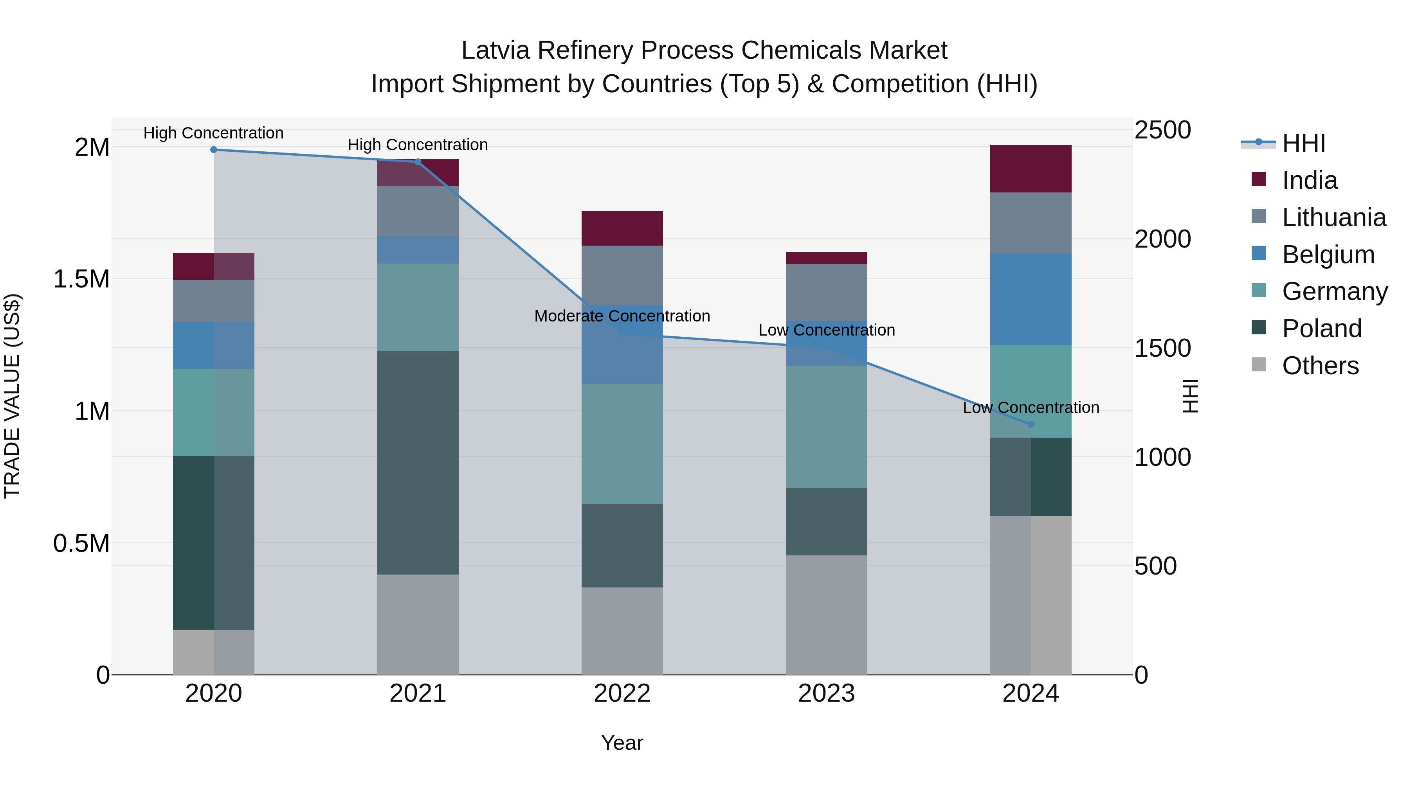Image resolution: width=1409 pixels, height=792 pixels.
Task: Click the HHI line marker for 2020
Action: [214, 150]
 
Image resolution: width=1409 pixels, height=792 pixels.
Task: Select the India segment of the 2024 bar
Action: [1031, 169]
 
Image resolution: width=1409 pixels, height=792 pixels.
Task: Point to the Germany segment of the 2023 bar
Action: [827, 427]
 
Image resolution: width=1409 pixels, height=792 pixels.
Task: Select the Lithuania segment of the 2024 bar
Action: [1031, 223]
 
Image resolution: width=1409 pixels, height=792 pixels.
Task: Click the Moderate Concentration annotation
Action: [622, 316]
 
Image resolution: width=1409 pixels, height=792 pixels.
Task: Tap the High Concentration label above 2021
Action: [418, 145]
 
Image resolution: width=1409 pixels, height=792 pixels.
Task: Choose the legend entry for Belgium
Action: [1328, 255]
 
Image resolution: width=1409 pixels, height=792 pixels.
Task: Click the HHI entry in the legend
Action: [1303, 143]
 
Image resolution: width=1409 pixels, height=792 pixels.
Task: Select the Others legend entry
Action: [1320, 366]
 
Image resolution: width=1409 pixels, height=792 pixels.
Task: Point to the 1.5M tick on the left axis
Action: [81, 279]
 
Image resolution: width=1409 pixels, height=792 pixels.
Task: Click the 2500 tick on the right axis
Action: [1162, 130]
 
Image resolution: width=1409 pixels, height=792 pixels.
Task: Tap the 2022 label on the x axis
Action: [622, 693]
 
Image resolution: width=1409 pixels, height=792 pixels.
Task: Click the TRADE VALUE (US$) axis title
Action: [12, 396]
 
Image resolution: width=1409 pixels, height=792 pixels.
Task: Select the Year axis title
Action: [622, 743]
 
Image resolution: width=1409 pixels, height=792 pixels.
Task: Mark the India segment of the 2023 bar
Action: [827, 258]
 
